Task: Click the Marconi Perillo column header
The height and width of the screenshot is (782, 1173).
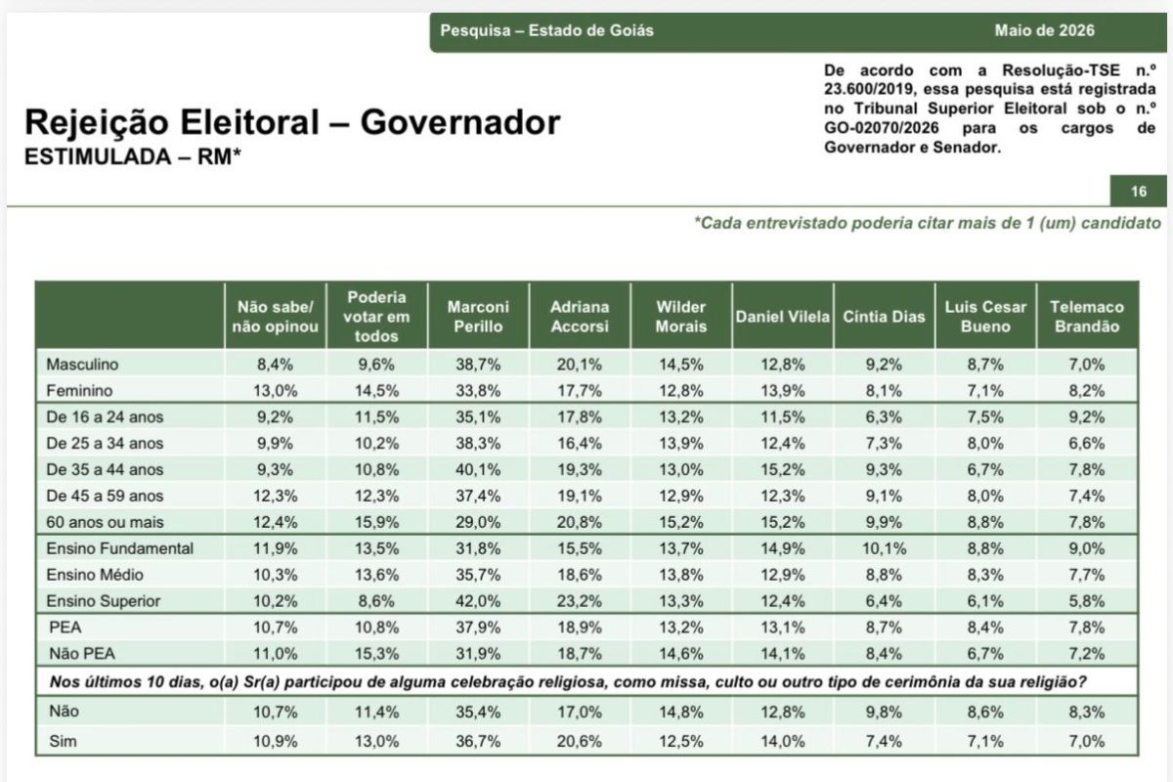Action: point(478,317)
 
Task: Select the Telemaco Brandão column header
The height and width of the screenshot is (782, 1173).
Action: point(1087,317)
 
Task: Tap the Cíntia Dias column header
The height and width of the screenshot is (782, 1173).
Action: point(884,317)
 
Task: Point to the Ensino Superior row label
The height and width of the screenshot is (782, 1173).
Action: point(104,601)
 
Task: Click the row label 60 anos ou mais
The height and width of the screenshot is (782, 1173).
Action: point(105,522)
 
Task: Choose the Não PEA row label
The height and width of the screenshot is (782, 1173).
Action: point(82,653)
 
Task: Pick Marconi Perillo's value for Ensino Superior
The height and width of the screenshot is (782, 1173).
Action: point(478,601)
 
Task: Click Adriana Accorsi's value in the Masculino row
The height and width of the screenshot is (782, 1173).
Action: point(579,364)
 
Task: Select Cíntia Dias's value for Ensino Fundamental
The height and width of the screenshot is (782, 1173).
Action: point(884,548)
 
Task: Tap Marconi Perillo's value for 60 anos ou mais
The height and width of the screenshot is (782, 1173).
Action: point(478,522)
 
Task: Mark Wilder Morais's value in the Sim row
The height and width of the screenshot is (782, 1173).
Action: point(680,741)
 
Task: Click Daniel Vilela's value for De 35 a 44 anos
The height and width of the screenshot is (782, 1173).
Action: point(782,469)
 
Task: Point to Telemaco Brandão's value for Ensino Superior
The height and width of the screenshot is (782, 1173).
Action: point(1087,601)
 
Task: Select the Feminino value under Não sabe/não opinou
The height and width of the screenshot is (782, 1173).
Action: point(275,391)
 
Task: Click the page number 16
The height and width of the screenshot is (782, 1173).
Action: point(1139,192)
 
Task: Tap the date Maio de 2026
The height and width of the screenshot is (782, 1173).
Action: point(1044,30)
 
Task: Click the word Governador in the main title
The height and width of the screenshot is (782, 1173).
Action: point(460,122)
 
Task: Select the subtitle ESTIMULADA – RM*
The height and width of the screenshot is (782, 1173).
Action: point(133,156)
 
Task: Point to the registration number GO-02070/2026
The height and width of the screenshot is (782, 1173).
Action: point(882,128)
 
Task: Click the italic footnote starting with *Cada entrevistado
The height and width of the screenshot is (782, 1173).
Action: point(928,223)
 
